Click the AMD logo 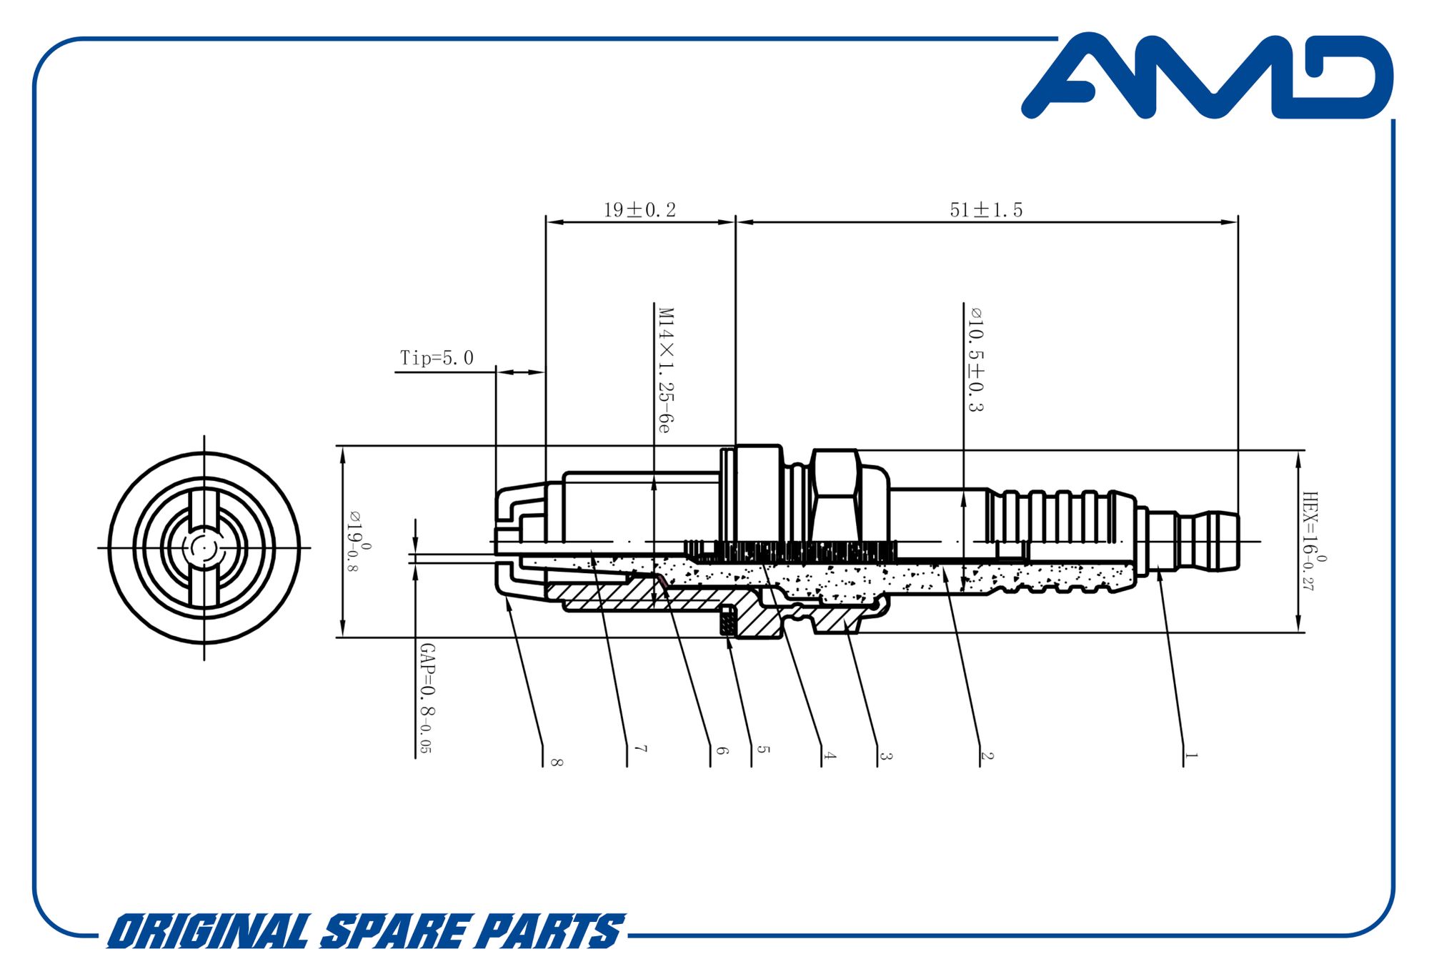tap(1208, 75)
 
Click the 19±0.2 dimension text tap(639, 210)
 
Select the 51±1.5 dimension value tap(986, 210)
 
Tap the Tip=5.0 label tap(437, 358)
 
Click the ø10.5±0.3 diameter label tap(975, 359)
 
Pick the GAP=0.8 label tap(427, 698)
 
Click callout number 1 tap(1190, 755)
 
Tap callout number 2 tap(987, 755)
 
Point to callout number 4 tap(829, 755)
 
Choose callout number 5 tap(763, 750)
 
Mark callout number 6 tap(722, 750)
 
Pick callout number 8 tap(557, 762)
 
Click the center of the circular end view tap(204, 548)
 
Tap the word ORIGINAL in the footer tap(208, 931)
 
